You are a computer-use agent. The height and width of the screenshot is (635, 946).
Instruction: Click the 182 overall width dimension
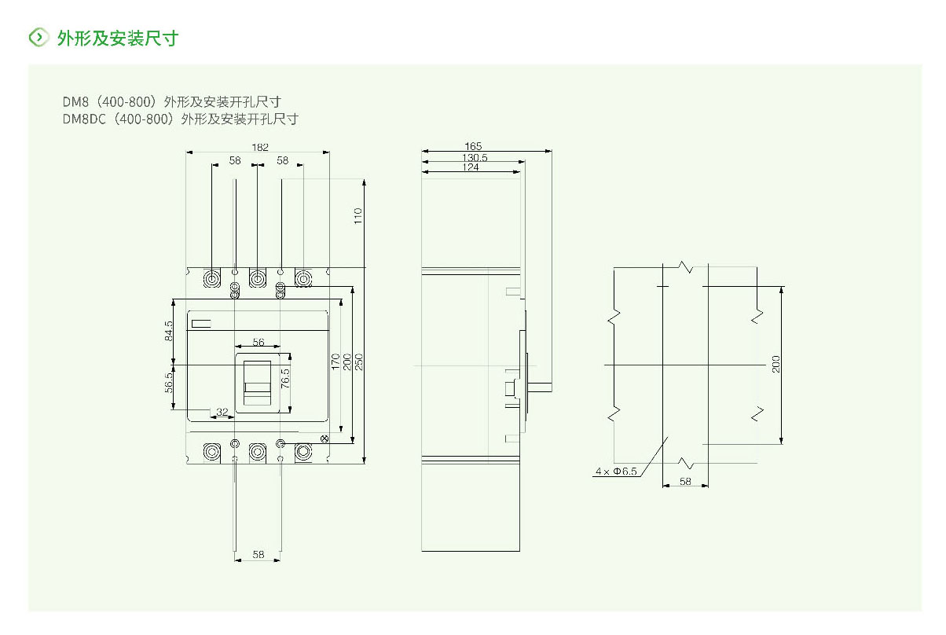[259, 147]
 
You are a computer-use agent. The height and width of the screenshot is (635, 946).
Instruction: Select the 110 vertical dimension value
[357, 217]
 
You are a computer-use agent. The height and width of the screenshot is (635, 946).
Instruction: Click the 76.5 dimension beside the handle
[286, 376]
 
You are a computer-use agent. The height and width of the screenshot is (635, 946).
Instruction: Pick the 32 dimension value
[222, 411]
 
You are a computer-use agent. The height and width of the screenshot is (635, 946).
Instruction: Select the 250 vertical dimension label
[359, 362]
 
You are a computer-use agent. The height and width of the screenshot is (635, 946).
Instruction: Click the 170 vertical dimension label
[335, 362]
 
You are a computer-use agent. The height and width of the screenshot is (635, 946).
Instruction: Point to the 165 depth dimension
[473, 146]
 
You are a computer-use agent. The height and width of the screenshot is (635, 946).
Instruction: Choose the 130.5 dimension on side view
[473, 157]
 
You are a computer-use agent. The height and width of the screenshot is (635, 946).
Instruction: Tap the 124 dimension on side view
[471, 167]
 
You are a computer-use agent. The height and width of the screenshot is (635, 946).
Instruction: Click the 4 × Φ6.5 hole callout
[616, 472]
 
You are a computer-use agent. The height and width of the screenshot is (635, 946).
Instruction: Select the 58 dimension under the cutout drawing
[685, 481]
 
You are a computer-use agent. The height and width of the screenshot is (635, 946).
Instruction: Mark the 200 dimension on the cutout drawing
[776, 364]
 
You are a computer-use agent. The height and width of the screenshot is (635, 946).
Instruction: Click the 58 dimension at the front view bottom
[258, 555]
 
